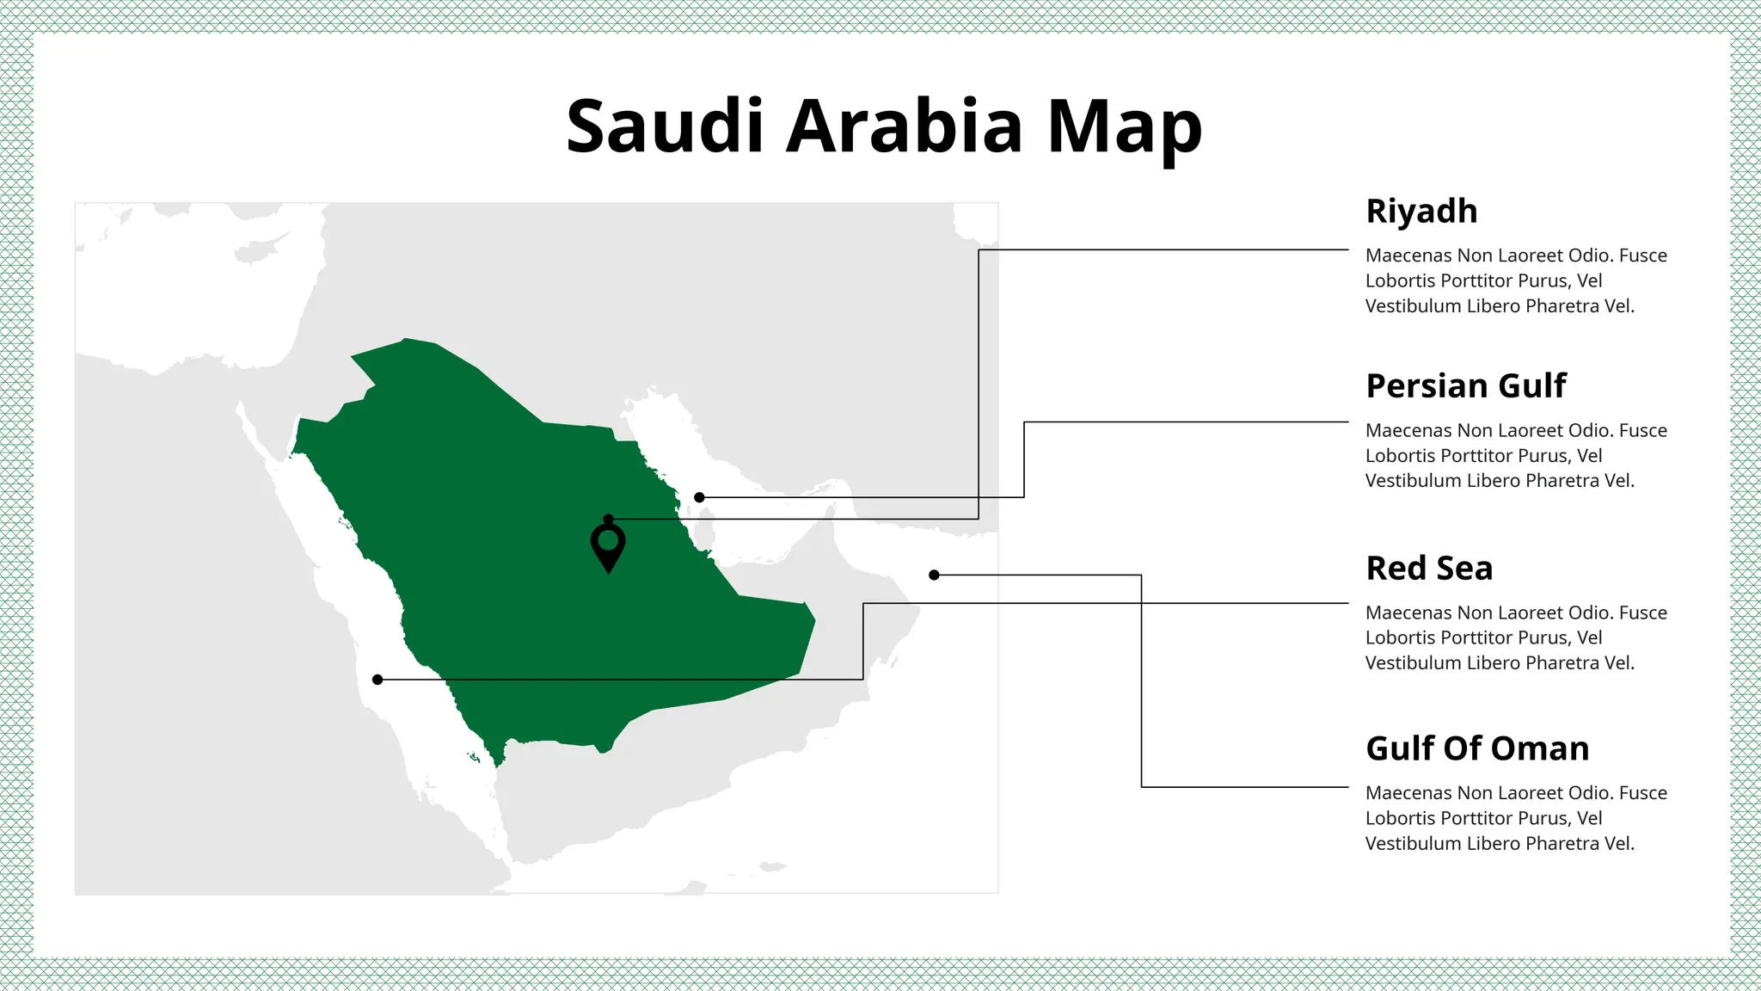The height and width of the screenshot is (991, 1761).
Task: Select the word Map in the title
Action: [1124, 127]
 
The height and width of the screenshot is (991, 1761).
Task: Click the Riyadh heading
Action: [1421, 212]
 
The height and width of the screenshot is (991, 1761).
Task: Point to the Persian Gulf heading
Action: [1466, 386]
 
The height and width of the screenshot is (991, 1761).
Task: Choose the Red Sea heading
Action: [1429, 569]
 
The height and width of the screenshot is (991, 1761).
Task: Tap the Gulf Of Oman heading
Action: [1477, 749]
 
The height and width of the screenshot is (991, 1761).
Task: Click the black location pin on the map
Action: [608, 546]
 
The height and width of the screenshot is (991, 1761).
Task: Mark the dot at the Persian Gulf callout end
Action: [699, 497]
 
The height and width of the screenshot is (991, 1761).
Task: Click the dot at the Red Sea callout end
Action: [377, 680]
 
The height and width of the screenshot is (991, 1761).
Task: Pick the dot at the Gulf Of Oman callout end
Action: [934, 575]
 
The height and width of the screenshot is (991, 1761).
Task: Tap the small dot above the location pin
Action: [608, 519]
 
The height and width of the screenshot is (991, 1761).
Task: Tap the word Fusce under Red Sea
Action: [1642, 613]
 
